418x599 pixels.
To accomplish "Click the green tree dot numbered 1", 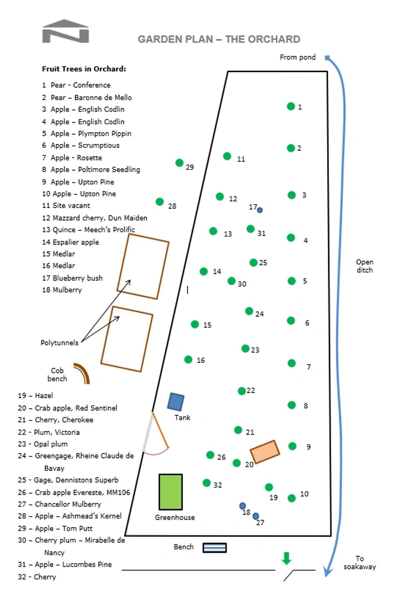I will [x=291, y=106].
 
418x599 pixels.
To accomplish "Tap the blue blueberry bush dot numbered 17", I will [x=259, y=210].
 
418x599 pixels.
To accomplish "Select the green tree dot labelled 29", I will [x=179, y=163].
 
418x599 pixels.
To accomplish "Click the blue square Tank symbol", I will [x=176, y=402].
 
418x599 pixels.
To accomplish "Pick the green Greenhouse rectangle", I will [x=170, y=492].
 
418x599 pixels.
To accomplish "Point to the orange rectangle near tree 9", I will [x=265, y=452].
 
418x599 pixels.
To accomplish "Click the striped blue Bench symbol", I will [x=215, y=547].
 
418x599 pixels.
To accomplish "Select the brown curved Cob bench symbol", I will [x=82, y=372].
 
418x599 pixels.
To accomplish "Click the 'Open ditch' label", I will [x=364, y=266].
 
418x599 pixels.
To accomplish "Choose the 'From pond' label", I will [x=297, y=57].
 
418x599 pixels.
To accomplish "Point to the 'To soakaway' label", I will [x=360, y=563].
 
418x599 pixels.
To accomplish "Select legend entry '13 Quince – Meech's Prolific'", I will [x=88, y=230].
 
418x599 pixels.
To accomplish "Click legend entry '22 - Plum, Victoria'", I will [x=49, y=432].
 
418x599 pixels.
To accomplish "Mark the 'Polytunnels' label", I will [x=59, y=343].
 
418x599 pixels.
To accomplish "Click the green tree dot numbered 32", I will [x=207, y=483].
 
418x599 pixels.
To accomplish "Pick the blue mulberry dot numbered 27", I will [x=256, y=516].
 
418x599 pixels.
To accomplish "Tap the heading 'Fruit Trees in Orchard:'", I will [x=84, y=69].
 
